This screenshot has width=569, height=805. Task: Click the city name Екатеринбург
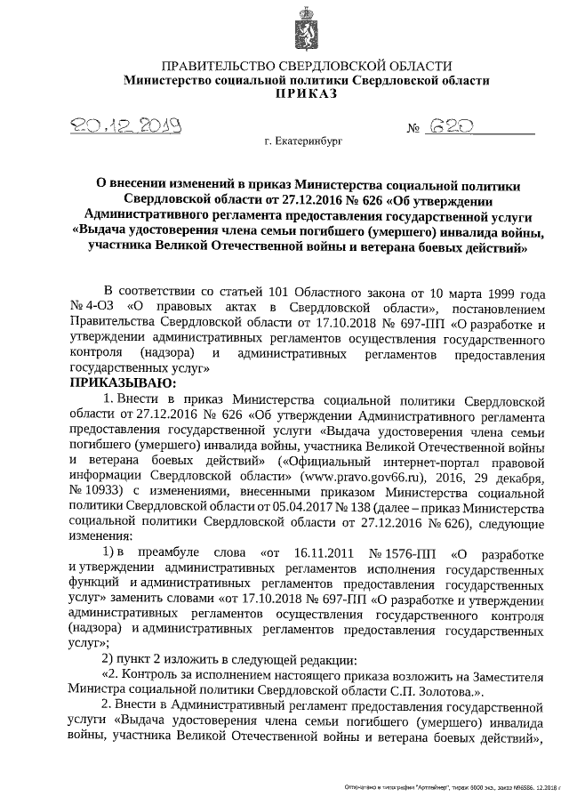[302, 141]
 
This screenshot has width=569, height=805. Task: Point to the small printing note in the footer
[453, 788]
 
